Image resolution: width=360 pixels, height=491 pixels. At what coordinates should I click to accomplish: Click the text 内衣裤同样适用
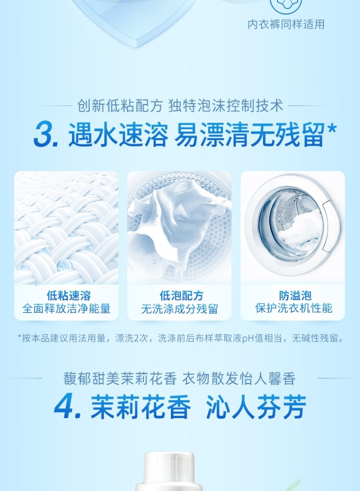tap(286, 24)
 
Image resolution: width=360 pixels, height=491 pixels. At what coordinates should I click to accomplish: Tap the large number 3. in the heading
tap(46, 135)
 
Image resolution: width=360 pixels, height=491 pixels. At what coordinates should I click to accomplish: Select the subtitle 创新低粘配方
tap(120, 106)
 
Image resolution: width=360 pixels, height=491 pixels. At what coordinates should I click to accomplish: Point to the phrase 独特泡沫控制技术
tap(226, 106)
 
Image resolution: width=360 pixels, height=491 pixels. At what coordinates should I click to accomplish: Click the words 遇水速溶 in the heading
tap(118, 135)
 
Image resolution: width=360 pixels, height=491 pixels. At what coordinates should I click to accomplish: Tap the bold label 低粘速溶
tap(69, 295)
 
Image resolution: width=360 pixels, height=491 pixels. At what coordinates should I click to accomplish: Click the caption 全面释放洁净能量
tap(66, 309)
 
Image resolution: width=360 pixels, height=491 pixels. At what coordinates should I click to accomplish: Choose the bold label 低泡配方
tap(181, 295)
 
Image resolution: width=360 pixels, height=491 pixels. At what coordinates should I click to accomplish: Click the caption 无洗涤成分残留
tap(180, 309)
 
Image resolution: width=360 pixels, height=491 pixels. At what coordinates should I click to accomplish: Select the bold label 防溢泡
tap(295, 295)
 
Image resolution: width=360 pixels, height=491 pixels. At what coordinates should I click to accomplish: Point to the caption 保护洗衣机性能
tap(293, 308)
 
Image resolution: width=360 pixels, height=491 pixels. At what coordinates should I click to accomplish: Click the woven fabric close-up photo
tap(66, 228)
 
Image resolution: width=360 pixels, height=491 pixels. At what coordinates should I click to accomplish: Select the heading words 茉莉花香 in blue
tap(141, 407)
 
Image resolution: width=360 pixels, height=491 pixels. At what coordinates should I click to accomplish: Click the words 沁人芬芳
tap(256, 407)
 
